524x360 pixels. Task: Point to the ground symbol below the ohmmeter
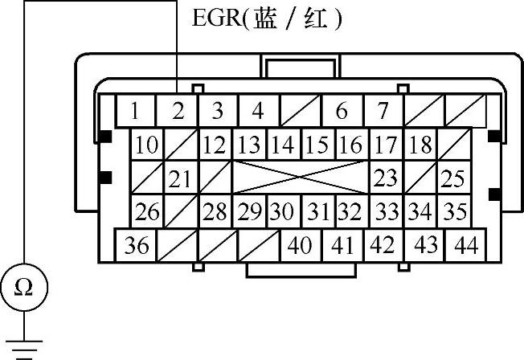coord(25,342)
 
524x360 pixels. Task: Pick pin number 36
coord(137,245)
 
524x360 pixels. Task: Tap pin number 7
coord(383,111)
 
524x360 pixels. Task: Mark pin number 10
coord(147,145)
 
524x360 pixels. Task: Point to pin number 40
coord(299,245)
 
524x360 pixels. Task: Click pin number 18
coord(420,145)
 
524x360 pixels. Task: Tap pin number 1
coord(136,111)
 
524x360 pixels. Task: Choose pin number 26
coord(147,212)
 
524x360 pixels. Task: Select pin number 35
coord(455,212)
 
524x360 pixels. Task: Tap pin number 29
coord(250,212)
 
